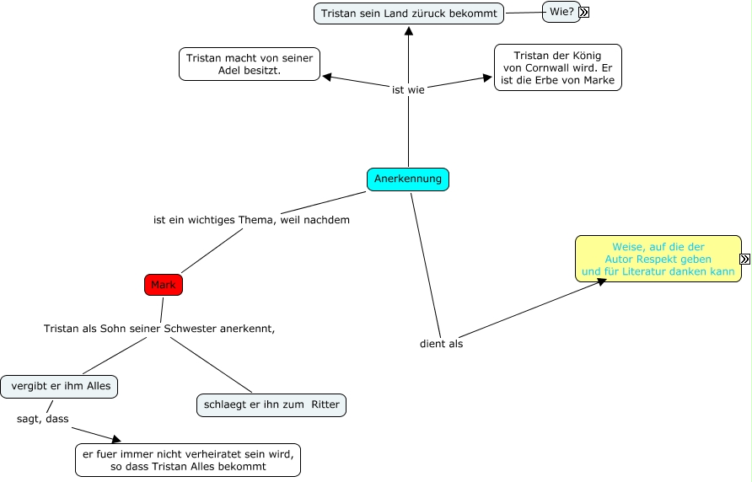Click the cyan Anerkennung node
tap(408, 179)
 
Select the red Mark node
tap(164, 285)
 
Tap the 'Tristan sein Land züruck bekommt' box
tap(409, 13)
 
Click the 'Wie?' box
tap(561, 12)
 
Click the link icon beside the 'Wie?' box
tap(584, 13)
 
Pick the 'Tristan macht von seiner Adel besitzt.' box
tap(250, 64)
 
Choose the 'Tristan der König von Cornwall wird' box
tap(557, 67)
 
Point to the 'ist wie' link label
tap(408, 89)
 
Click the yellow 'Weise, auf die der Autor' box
tap(658, 259)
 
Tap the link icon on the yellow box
tap(745, 260)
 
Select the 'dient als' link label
tap(441, 343)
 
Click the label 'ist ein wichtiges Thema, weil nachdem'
tap(251, 220)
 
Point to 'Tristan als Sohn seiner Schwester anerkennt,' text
tap(159, 328)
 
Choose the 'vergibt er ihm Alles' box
tap(60, 387)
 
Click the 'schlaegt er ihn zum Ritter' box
tap(271, 404)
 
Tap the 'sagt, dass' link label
tap(43, 418)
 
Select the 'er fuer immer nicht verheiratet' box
tap(187, 460)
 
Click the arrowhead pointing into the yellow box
tap(601, 281)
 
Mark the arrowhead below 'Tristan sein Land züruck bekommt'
tap(408, 30)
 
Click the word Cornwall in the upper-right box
tap(551, 68)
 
